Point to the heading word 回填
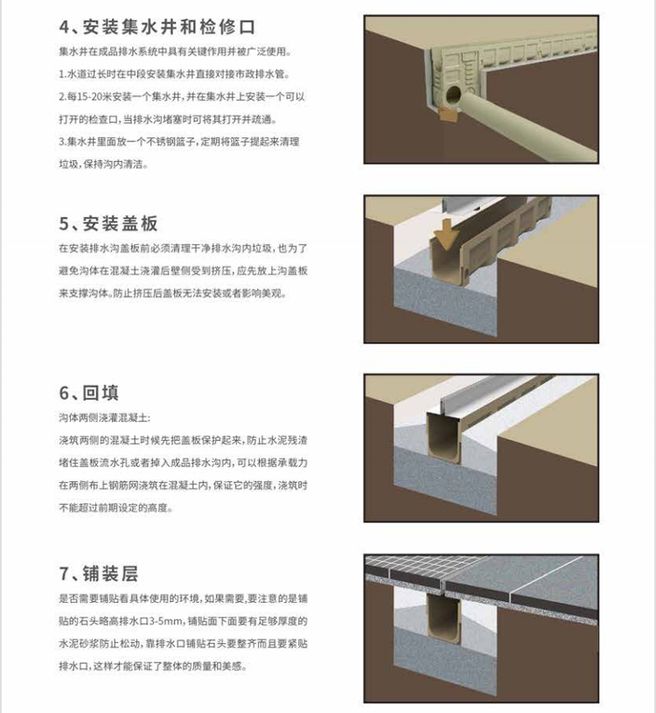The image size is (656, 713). pyautogui.click(x=101, y=391)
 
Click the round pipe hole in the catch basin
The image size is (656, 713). pyautogui.click(x=454, y=92)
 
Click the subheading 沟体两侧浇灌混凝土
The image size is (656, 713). pyautogui.click(x=106, y=418)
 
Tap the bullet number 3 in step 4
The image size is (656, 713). pyautogui.click(x=61, y=142)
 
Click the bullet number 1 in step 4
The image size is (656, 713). pyautogui.click(x=61, y=73)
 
